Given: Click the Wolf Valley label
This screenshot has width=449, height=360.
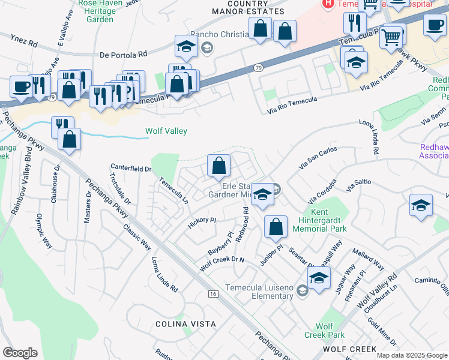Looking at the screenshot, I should (x=166, y=131).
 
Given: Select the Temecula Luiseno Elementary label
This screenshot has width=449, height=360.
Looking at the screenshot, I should (x=259, y=292).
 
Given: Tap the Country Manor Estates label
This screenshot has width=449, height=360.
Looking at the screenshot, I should (x=256, y=8).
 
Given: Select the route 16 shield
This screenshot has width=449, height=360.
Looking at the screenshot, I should (x=213, y=294).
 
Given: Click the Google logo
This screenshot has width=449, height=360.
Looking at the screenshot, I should (x=20, y=352).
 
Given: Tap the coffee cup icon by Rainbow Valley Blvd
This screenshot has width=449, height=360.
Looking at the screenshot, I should (x=21, y=86).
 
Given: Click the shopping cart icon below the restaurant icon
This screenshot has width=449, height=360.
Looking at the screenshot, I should (x=391, y=37).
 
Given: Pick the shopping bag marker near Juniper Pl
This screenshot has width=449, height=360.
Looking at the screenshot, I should (x=276, y=226).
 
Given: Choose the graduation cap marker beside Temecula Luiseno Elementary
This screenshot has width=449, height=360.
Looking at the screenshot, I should (x=319, y=277).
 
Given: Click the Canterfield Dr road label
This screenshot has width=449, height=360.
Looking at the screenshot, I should (x=131, y=169).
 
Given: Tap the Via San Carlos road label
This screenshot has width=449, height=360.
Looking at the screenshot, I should (x=318, y=158).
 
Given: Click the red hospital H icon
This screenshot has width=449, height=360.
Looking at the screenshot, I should (x=328, y=4).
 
